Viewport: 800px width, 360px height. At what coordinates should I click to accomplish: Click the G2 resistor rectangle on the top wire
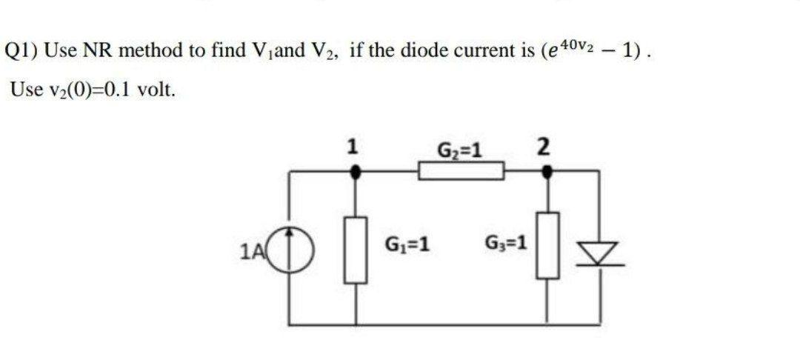point(461,172)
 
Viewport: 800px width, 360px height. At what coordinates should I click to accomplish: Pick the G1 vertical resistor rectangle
point(356,250)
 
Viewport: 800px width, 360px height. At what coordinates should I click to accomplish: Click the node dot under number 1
point(356,172)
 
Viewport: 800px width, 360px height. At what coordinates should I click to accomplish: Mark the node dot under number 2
point(547,172)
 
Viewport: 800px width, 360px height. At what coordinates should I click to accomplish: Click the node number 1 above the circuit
point(355,147)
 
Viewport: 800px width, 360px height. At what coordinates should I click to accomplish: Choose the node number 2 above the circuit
point(543,147)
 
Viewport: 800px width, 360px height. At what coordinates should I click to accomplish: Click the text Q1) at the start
point(22,51)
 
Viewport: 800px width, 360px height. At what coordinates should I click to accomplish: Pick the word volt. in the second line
point(157,90)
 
